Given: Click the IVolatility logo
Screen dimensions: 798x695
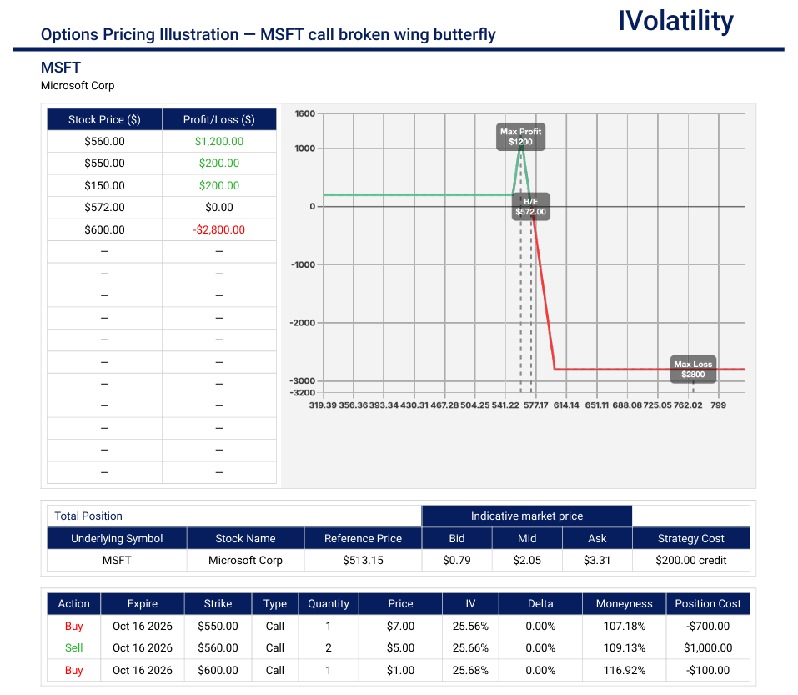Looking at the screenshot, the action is (x=675, y=22).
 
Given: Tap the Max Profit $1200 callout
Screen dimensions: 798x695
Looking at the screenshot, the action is (x=520, y=137).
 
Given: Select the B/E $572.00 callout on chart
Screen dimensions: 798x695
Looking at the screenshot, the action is (x=530, y=206).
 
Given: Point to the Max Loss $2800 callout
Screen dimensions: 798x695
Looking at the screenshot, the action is (x=693, y=369).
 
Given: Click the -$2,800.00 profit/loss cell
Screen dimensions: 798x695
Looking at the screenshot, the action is (x=218, y=229).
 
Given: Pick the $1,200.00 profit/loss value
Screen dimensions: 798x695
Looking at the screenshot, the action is (x=219, y=142).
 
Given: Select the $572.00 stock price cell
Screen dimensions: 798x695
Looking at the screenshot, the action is (x=104, y=207).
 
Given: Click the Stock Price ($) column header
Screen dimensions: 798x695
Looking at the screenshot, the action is (x=104, y=119).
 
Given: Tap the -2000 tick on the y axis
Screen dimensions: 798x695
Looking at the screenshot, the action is (x=303, y=323).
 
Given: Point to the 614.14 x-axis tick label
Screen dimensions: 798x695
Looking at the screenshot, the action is (x=566, y=405).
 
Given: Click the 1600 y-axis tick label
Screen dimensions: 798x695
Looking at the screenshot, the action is (x=305, y=113).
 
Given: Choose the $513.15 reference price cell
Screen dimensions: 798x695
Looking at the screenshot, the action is (x=363, y=560).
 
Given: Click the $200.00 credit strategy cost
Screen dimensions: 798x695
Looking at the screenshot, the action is (x=690, y=560).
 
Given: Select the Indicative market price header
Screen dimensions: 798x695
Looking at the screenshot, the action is (x=527, y=516).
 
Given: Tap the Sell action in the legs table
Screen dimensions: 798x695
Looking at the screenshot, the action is (x=73, y=647).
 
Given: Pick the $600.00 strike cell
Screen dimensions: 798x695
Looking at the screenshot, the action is (x=218, y=670).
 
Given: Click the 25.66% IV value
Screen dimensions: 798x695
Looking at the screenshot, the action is (x=470, y=647).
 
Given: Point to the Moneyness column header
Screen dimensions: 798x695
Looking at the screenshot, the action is (x=624, y=603).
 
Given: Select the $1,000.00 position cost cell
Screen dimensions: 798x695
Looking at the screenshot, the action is (x=708, y=647).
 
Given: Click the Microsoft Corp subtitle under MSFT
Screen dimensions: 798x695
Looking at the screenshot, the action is (x=78, y=86).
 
